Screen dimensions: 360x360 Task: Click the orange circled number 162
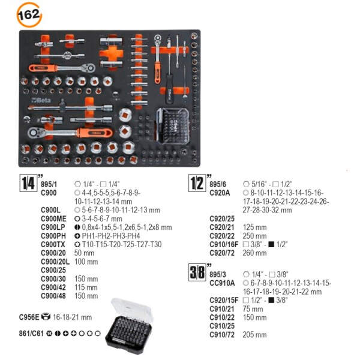click(x=29, y=15)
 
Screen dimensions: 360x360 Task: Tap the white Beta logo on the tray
click(x=41, y=100)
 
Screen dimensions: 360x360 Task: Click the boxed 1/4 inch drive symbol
click(x=28, y=183)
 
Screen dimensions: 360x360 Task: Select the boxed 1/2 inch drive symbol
click(x=197, y=183)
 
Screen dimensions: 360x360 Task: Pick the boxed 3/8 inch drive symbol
click(x=197, y=272)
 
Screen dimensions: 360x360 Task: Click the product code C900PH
click(x=53, y=236)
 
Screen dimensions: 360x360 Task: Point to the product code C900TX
click(x=53, y=244)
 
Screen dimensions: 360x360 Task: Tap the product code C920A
click(x=220, y=193)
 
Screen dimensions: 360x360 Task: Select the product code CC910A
click(x=222, y=283)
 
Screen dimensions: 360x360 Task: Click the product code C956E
click(x=29, y=317)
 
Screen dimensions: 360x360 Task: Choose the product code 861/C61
click(x=31, y=334)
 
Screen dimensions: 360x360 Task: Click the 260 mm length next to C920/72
click(x=254, y=253)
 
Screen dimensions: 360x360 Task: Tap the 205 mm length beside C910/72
click(x=254, y=335)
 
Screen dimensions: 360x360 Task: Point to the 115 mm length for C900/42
click(x=86, y=287)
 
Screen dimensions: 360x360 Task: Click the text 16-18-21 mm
click(x=73, y=317)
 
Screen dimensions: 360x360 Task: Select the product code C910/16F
click(x=224, y=244)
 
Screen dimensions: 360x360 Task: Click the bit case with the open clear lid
click(x=129, y=326)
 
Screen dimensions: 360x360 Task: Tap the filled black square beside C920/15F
click(x=271, y=300)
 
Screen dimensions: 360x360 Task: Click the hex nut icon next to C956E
click(x=46, y=317)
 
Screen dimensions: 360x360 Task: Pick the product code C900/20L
click(x=55, y=262)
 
